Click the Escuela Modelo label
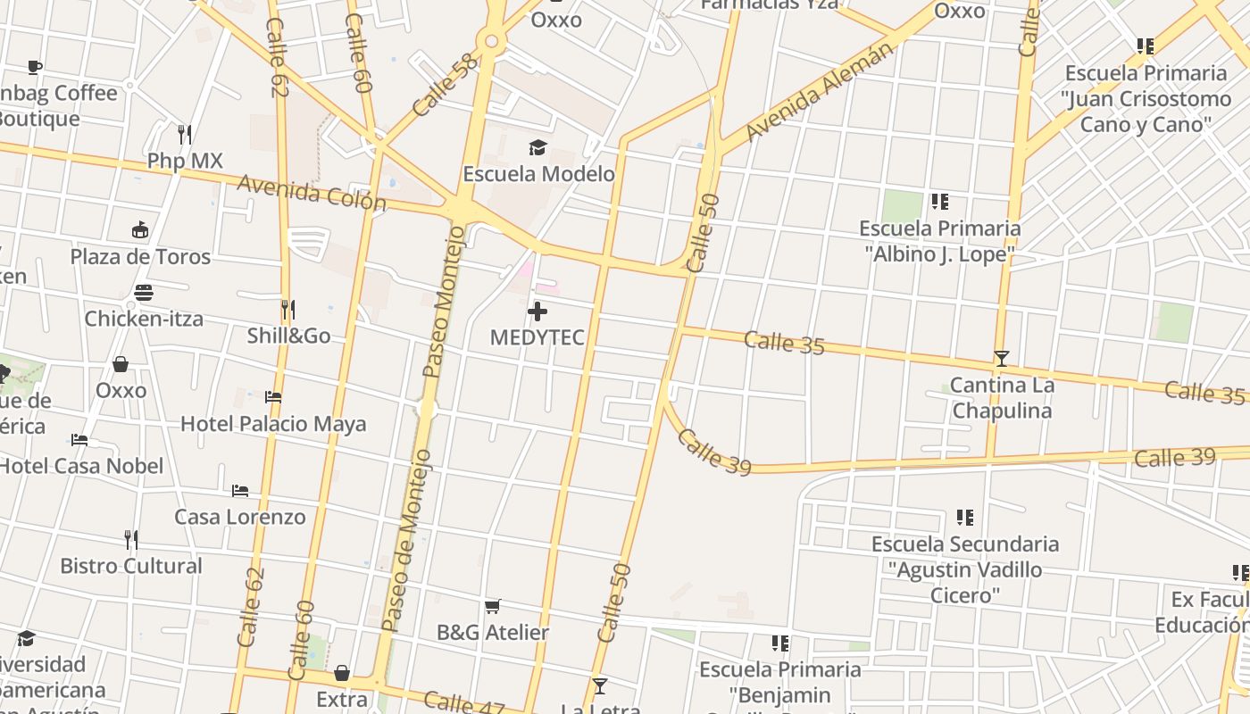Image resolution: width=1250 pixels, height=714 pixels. click(x=538, y=173)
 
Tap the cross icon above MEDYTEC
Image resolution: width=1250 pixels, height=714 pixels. click(x=537, y=311)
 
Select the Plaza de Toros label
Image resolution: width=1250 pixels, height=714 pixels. click(x=140, y=257)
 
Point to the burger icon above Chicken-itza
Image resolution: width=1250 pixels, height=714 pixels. click(x=143, y=293)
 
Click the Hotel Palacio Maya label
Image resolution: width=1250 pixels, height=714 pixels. click(x=273, y=423)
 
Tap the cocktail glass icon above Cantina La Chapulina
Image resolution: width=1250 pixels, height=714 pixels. click(x=1001, y=359)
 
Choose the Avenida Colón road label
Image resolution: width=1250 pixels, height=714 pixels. click(x=311, y=193)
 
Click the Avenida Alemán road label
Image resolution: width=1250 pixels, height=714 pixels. click(x=819, y=92)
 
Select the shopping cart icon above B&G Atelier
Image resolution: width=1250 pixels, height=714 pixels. click(x=492, y=607)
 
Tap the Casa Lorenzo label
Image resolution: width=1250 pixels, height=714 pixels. click(x=239, y=517)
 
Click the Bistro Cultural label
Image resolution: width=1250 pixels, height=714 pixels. click(x=131, y=566)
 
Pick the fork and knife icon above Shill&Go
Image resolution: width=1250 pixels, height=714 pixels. click(x=287, y=310)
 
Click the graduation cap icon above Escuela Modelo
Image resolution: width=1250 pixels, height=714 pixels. click(x=537, y=147)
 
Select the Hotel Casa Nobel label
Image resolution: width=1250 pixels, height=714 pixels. click(x=80, y=466)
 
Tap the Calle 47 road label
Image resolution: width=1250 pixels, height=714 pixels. click(x=463, y=704)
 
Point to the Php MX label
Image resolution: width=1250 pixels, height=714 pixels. click(x=185, y=161)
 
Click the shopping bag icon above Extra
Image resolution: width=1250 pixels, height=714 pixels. click(x=341, y=673)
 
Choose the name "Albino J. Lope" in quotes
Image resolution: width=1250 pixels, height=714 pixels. click(x=940, y=254)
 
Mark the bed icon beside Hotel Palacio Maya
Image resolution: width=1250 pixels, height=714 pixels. click(x=273, y=397)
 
